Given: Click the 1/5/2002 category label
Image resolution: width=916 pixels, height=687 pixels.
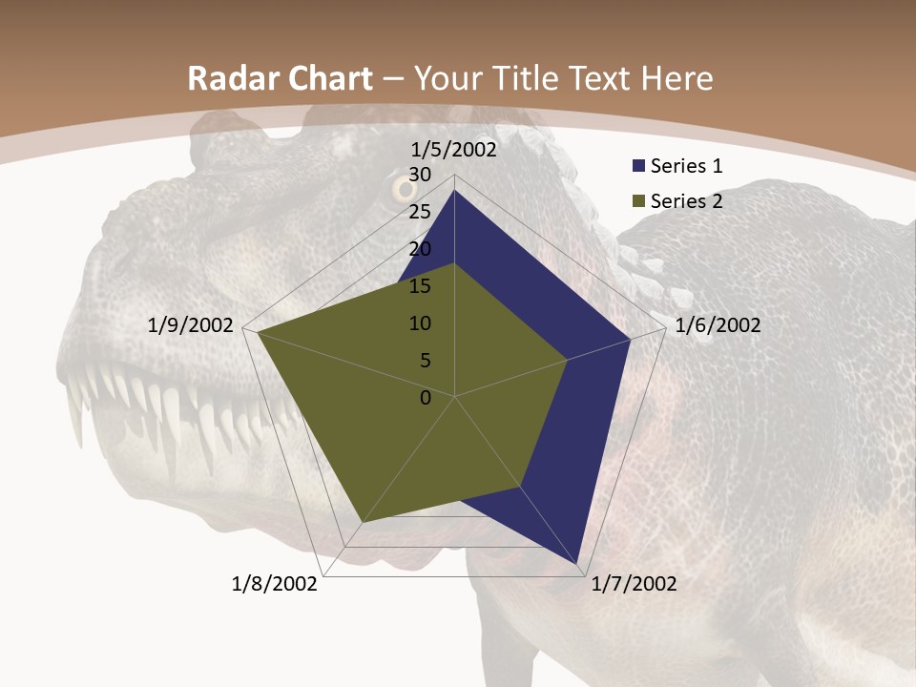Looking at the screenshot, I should pyautogui.click(x=454, y=150).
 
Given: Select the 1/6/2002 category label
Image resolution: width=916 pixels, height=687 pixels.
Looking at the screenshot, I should pyautogui.click(x=718, y=325).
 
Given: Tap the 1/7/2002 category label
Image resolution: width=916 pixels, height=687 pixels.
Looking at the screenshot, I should pyautogui.click(x=634, y=584).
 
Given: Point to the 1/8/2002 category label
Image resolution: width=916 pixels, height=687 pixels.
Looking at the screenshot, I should pyautogui.click(x=275, y=584).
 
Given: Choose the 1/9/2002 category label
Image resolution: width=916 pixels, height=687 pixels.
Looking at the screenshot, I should pyautogui.click(x=191, y=325).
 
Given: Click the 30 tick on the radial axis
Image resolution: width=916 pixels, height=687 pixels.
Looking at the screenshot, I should pyautogui.click(x=420, y=175).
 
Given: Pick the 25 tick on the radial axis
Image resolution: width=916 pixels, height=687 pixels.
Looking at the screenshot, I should pyautogui.click(x=420, y=212).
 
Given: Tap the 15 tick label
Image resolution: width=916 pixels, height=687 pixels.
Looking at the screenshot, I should pyautogui.click(x=420, y=286).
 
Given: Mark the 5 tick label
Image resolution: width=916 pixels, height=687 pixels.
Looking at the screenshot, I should pyautogui.click(x=425, y=361).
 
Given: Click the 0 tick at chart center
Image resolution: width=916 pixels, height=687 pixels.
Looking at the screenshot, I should pyautogui.click(x=426, y=398).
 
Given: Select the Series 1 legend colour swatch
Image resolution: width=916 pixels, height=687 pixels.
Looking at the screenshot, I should pyautogui.click(x=638, y=167).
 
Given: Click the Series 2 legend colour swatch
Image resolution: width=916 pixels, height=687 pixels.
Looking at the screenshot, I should pyautogui.click(x=638, y=201).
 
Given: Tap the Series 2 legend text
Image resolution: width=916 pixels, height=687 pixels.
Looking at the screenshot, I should pyautogui.click(x=686, y=201).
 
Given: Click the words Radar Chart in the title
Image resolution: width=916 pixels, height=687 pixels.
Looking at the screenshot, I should pyautogui.click(x=280, y=79).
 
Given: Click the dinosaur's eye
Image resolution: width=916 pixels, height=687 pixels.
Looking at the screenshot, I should pyautogui.click(x=401, y=188).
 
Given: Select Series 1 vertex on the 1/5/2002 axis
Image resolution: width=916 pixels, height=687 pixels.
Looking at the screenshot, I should pyautogui.click(x=454, y=191).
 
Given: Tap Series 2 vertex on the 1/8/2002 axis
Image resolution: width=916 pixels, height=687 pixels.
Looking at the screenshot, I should pyautogui.click(x=364, y=523).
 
